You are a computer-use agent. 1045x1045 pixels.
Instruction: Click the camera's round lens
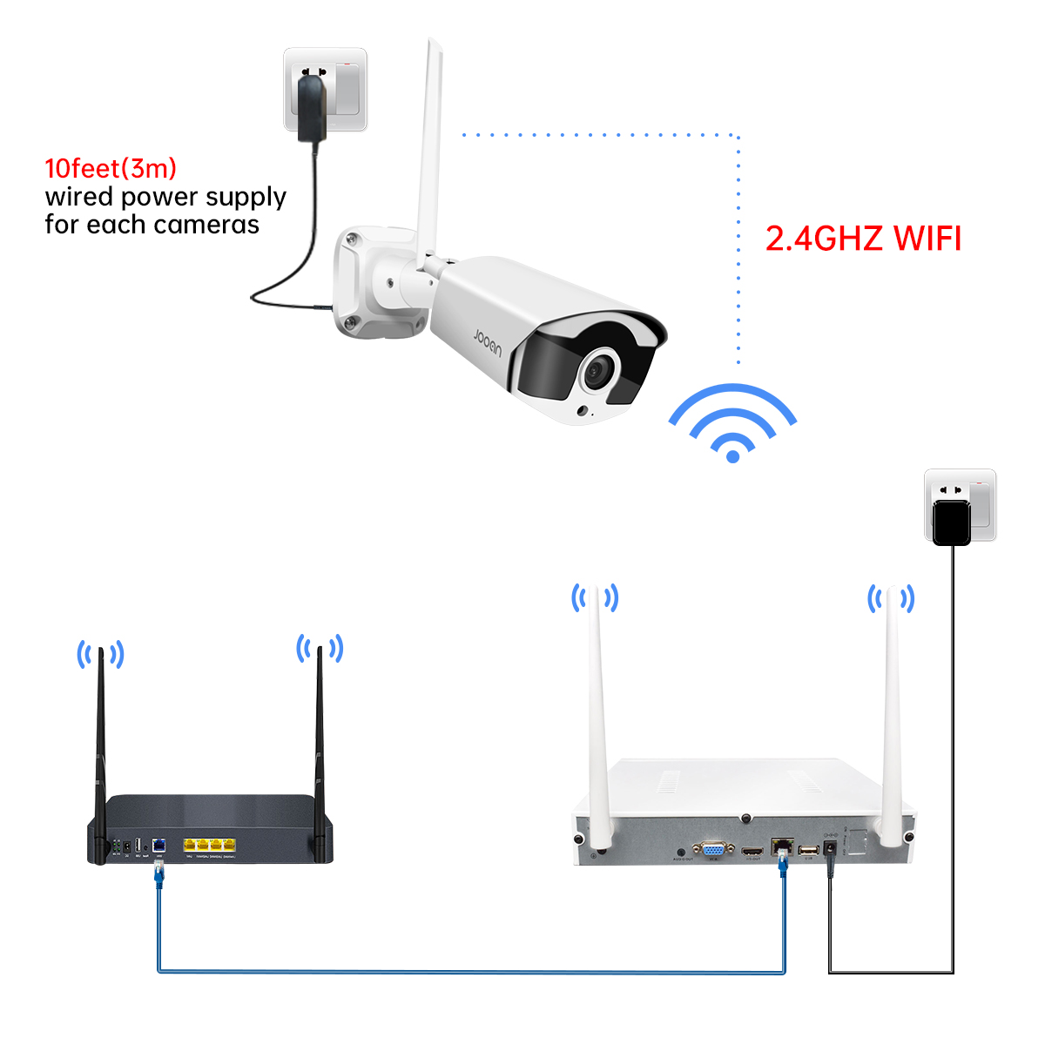(599, 371)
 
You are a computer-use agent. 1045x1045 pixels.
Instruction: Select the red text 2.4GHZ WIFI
(863, 239)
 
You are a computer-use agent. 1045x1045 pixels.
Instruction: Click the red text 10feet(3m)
(111, 168)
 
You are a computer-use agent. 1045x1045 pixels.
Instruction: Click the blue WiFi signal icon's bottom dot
(732, 455)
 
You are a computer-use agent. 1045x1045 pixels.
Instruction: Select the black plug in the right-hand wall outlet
(951, 522)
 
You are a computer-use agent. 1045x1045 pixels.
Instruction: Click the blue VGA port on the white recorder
(713, 850)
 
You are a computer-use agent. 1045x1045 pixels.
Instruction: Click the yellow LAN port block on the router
(209, 844)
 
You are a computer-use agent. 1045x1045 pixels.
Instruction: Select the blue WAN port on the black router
(159, 844)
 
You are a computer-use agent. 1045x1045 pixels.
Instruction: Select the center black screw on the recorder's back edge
(745, 818)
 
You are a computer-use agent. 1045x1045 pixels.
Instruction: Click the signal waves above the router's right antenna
(320, 648)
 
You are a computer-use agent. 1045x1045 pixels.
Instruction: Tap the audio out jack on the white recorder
(680, 850)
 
